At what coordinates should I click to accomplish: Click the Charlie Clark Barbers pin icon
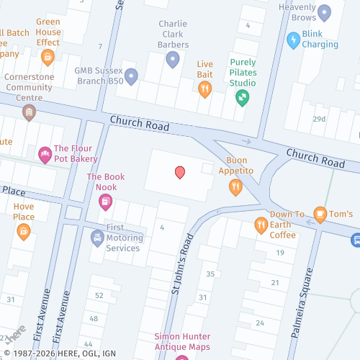click(172, 60)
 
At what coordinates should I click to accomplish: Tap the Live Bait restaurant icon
click(205, 89)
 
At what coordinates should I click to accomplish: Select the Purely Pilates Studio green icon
click(243, 96)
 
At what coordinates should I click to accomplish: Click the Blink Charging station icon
click(293, 40)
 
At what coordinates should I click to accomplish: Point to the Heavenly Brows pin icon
click(324, 12)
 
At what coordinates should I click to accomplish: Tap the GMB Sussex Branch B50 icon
click(130, 76)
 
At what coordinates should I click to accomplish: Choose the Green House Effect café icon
click(48, 58)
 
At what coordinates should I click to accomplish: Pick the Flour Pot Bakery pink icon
click(45, 154)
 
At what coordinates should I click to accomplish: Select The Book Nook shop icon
click(105, 202)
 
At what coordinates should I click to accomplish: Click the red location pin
click(180, 172)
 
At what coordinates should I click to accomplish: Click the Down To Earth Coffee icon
click(261, 226)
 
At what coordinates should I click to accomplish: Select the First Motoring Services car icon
click(97, 238)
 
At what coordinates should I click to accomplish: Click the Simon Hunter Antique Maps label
click(182, 342)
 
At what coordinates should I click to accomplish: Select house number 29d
click(319, 119)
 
